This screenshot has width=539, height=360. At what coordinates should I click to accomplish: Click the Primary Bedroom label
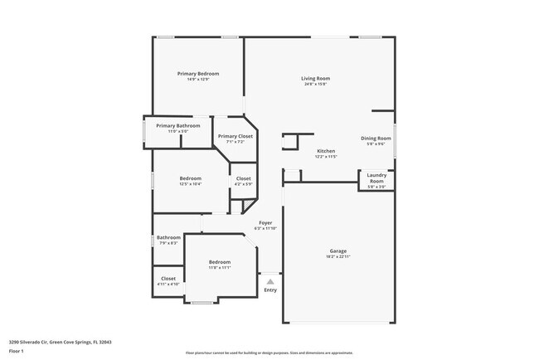[197, 73]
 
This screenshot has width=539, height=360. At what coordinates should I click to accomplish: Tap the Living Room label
[316, 78]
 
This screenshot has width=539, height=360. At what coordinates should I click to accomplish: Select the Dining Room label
[376, 138]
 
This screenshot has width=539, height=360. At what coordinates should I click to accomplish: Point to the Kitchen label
[325, 150]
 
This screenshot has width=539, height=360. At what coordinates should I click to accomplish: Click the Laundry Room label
[376, 178]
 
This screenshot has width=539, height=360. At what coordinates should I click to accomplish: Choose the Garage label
[337, 251]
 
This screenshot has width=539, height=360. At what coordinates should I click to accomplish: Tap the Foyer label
[265, 222]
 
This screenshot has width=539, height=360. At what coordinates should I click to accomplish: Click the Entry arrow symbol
[270, 282]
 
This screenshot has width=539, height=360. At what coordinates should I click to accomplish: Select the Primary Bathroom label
[178, 125]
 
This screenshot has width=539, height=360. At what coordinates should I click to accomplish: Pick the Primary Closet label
[236, 136]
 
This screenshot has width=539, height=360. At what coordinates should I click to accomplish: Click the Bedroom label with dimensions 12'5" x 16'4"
[191, 178]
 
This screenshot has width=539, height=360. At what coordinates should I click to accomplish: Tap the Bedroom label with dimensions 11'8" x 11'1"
[220, 261]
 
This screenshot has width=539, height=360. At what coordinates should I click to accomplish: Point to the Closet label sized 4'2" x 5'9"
[244, 178]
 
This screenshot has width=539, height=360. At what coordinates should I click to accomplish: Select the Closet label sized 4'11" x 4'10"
[168, 279]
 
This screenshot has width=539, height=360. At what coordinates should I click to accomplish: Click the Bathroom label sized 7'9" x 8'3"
[168, 237]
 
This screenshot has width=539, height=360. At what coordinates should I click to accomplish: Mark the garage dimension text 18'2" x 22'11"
[337, 256]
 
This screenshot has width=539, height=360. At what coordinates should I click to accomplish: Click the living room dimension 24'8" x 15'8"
[316, 84]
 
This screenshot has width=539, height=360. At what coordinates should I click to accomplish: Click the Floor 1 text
[17, 351]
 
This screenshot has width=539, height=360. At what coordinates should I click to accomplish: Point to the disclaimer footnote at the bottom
[269, 353]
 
